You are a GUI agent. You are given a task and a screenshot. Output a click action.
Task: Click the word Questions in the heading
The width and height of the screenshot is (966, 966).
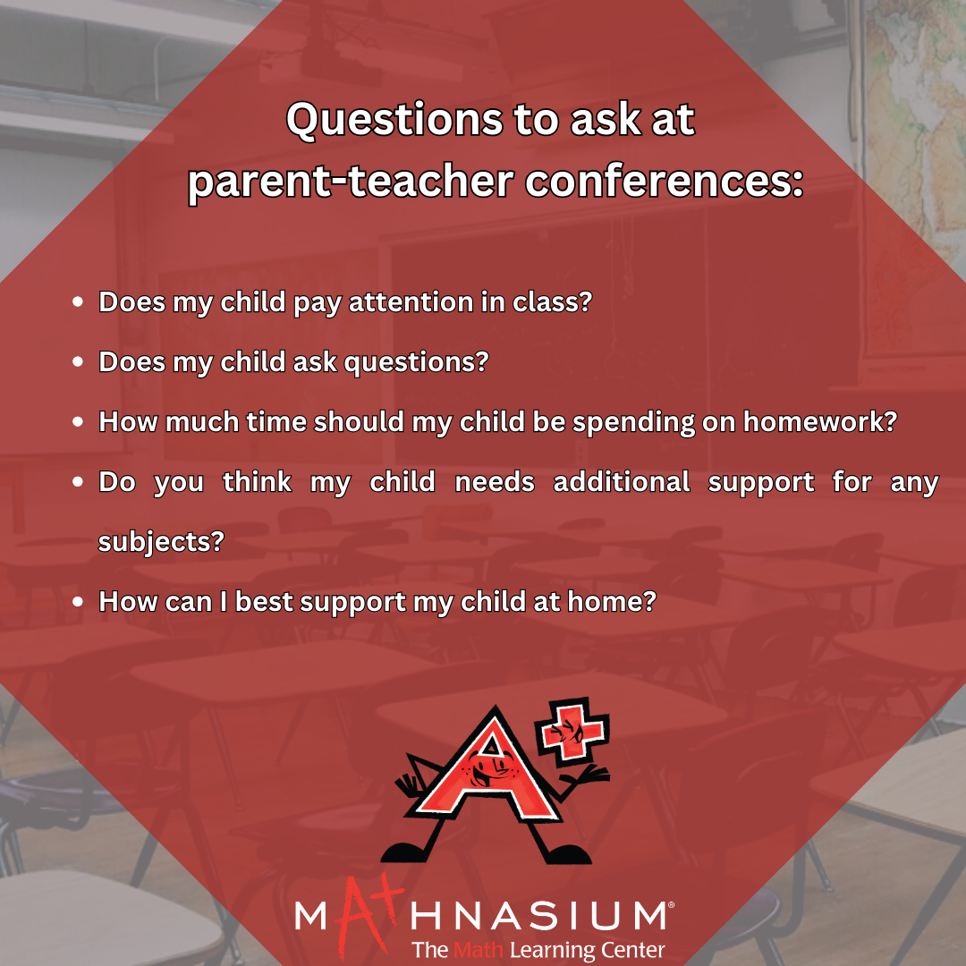[x=394, y=120]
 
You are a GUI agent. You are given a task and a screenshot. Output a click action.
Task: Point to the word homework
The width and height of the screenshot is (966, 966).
[x=820, y=422]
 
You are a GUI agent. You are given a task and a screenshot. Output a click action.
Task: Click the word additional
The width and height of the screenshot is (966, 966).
[x=622, y=482]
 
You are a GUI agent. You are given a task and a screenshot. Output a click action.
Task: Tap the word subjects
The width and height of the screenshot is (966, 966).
[x=161, y=542]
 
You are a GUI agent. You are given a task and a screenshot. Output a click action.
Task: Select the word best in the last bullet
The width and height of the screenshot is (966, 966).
[x=264, y=602]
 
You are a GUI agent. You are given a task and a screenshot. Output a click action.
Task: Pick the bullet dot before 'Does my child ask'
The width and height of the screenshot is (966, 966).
[x=78, y=361]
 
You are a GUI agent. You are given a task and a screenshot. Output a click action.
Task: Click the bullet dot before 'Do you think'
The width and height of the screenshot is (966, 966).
[x=78, y=482]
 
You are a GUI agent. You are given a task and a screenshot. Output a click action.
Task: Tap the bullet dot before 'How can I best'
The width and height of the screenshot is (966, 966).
[x=78, y=602]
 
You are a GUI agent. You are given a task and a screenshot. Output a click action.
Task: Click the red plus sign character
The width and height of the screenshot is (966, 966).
[x=572, y=732]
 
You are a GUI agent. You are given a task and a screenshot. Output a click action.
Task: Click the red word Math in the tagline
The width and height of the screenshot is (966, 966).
[x=478, y=949]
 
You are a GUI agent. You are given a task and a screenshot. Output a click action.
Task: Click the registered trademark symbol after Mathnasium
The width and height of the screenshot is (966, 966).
[x=671, y=905]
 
